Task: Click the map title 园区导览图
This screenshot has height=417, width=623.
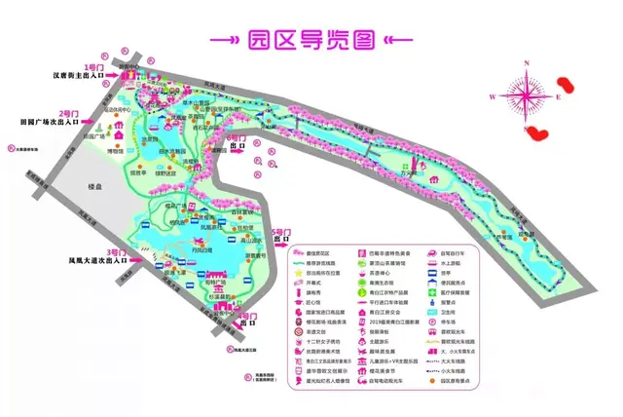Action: (311, 39)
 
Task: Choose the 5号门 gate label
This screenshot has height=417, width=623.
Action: (281, 232)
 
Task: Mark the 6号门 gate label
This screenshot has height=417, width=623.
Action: (238, 139)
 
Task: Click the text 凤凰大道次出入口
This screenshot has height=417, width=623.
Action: (97, 261)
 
